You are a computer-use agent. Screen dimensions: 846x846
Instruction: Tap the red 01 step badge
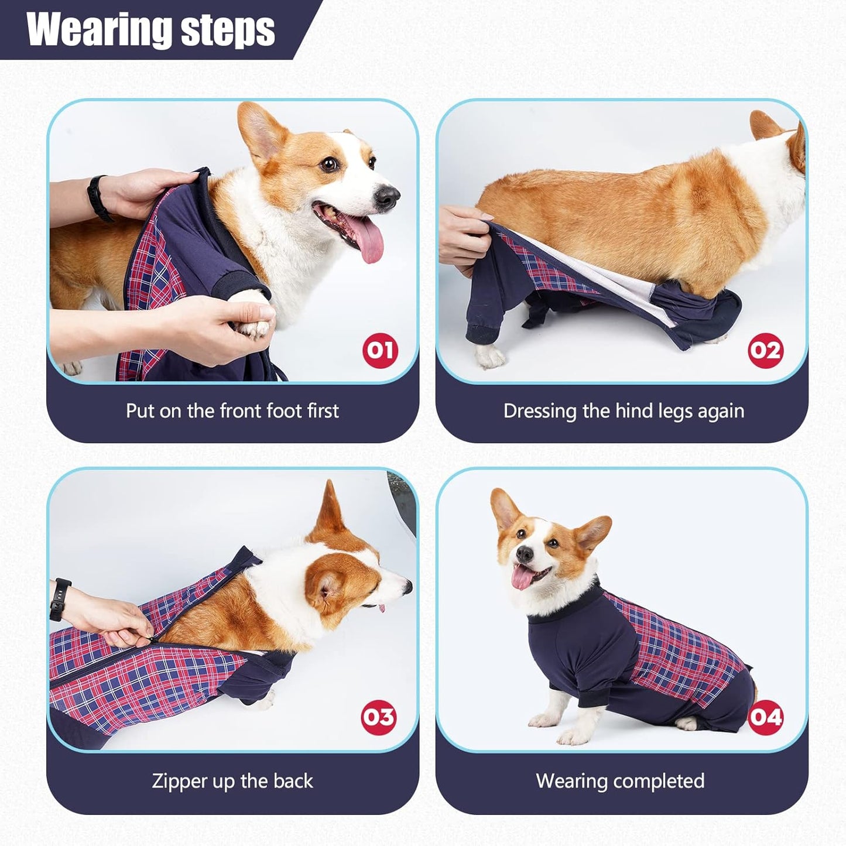click(380, 350)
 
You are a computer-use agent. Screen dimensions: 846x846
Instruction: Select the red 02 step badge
click(765, 350)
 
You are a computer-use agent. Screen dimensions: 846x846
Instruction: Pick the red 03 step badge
click(379, 717)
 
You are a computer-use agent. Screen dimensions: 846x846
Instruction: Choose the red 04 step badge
click(765, 717)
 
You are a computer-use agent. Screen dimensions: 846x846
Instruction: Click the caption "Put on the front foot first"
click(232, 411)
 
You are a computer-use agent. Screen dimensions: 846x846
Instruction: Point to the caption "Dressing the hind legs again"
click(624, 411)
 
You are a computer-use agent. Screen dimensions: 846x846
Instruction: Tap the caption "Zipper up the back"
click(232, 781)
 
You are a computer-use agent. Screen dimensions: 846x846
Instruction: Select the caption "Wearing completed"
click(620, 781)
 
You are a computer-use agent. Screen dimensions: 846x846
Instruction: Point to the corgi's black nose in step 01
click(387, 198)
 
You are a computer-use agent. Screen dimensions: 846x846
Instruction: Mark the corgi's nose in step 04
click(525, 553)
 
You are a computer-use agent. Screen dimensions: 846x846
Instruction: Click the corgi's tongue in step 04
click(521, 578)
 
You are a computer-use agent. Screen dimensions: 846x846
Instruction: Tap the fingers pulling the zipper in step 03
click(132, 635)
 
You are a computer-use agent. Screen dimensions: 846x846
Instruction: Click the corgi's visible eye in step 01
click(329, 163)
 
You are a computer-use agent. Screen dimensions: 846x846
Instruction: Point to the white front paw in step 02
click(489, 355)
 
